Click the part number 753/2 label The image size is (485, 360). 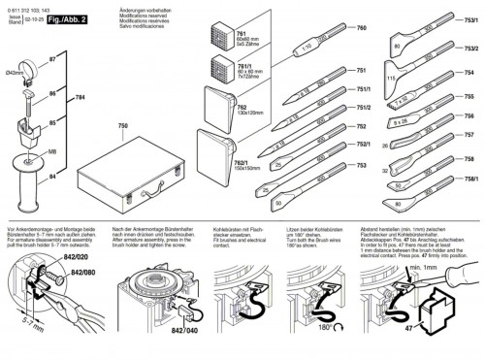point(470,47)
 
